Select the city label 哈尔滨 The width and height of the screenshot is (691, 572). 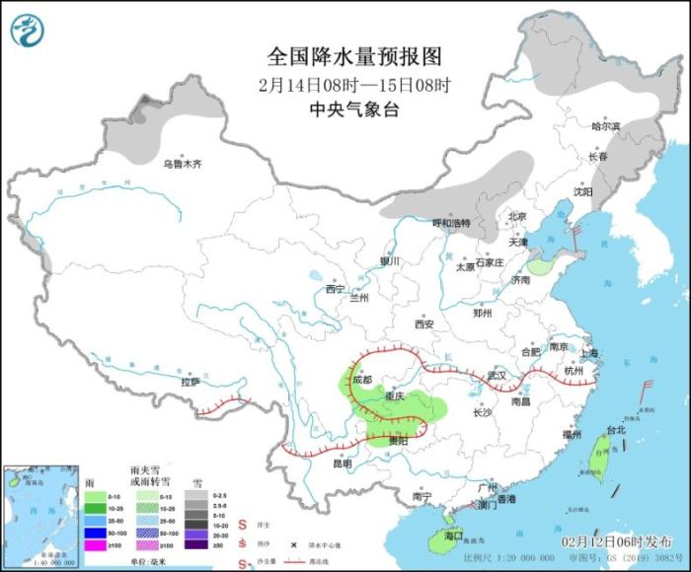pos(605,126)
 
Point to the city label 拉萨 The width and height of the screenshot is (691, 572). pos(191,381)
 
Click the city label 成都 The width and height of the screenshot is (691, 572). pos(360,379)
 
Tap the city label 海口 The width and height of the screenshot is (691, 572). pos(454,536)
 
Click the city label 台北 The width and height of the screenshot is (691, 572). pos(615,430)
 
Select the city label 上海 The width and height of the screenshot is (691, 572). pos(591,353)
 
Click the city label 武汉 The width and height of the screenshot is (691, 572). pos(496,377)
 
